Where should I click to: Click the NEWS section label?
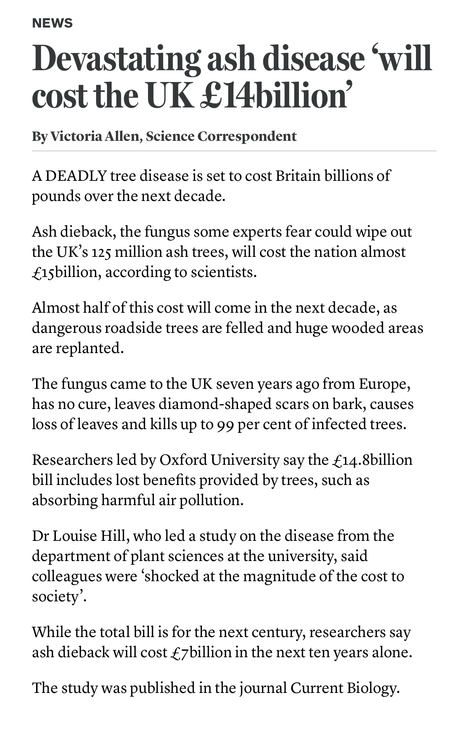(52, 23)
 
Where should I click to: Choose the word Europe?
(384, 384)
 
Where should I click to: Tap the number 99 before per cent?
(224, 425)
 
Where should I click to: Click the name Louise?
(74, 536)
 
